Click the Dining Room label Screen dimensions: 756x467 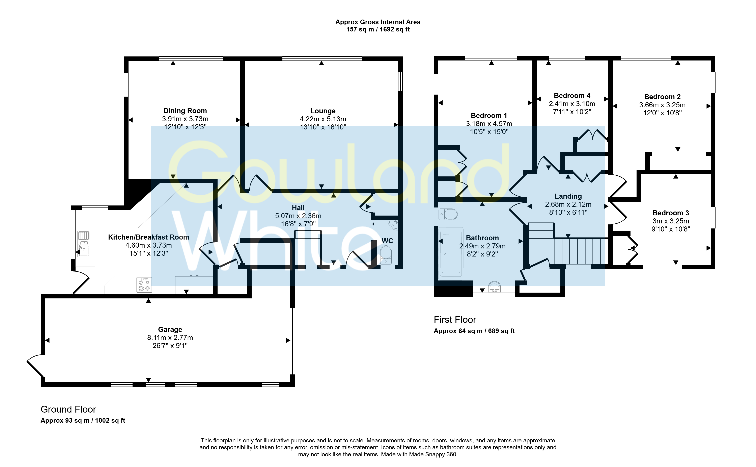(185, 110)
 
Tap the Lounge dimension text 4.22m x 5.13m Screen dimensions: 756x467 (323, 119)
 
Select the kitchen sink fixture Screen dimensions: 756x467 (84, 244)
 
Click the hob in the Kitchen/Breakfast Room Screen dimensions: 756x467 (144, 285)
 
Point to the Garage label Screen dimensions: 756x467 (170, 329)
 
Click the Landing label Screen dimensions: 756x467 (568, 196)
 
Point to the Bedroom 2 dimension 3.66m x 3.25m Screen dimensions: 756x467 (662, 105)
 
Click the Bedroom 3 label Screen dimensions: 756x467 (671, 213)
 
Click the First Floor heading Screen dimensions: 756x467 (455, 319)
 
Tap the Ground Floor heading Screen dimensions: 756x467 (68, 409)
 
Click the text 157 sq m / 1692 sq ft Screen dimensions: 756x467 (378, 29)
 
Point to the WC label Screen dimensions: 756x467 (387, 241)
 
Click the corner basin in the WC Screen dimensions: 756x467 (393, 225)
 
